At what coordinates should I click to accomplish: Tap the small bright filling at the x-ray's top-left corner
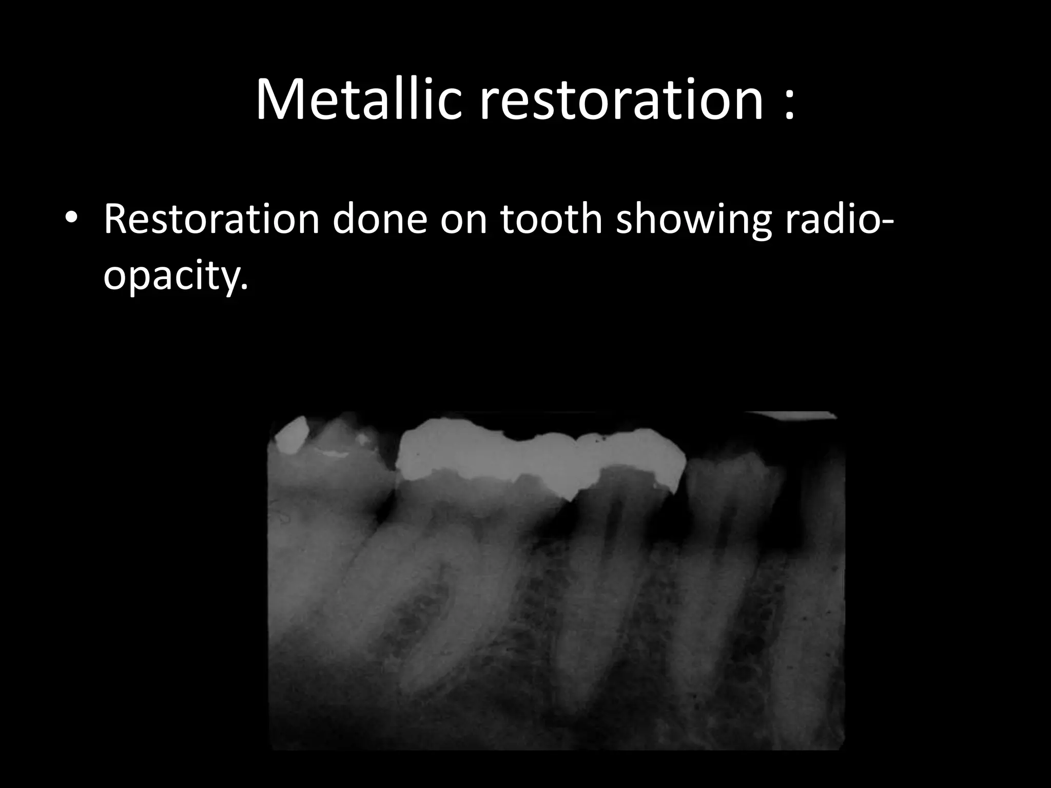(x=291, y=434)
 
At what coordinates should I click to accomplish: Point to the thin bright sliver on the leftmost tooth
(x=334, y=453)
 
